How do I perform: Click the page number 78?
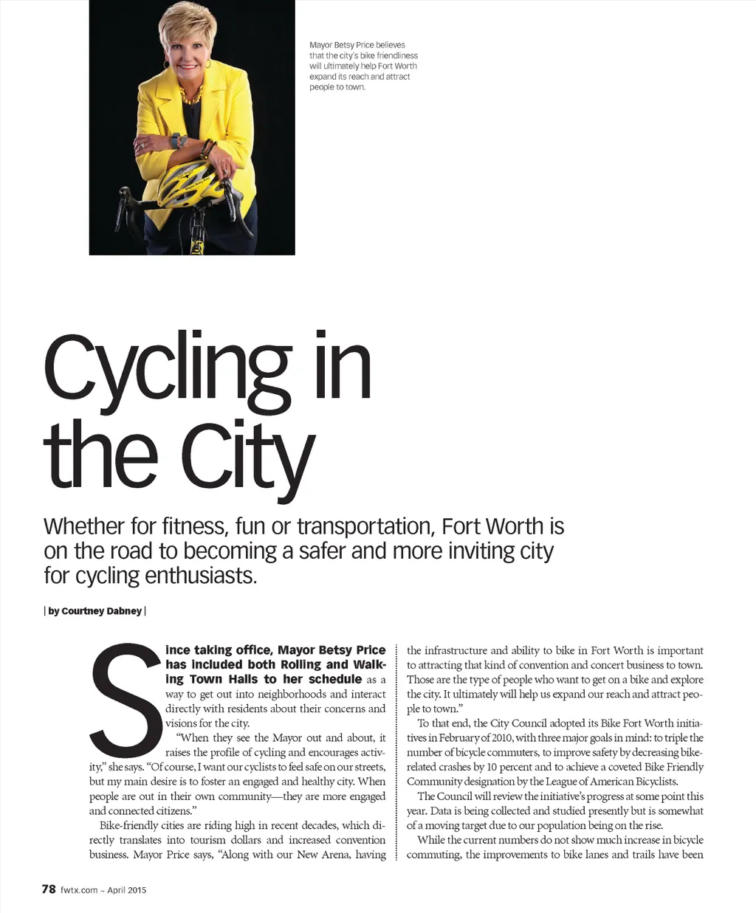pyautogui.click(x=49, y=889)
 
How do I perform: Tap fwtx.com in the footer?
pyautogui.click(x=79, y=890)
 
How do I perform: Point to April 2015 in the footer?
pyautogui.click(x=127, y=890)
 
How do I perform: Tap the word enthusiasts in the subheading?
pyautogui.click(x=201, y=576)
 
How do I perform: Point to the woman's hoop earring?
pyautogui.click(x=207, y=66)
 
